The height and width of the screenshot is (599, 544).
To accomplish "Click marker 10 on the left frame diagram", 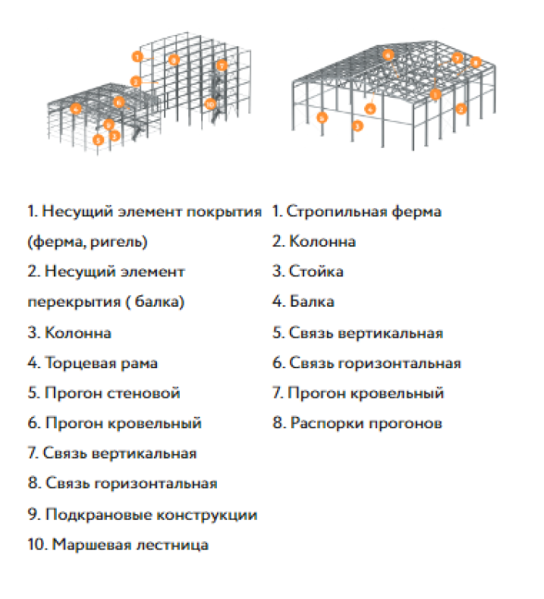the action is [210, 103].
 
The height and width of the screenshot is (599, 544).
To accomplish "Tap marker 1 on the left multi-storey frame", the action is [137, 56].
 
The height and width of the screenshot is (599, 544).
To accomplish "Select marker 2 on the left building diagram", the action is [136, 80].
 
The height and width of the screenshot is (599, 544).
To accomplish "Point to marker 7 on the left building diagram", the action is [222, 65].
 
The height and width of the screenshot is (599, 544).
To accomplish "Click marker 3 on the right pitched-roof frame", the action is [357, 126].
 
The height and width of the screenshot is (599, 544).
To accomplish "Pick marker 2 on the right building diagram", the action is [460, 109].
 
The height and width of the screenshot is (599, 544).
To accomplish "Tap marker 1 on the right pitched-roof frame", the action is [436, 94].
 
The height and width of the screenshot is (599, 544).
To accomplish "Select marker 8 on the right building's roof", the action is [476, 62].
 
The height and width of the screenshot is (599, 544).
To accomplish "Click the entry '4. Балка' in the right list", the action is [303, 302].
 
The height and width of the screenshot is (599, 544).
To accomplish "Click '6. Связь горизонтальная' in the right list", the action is [366, 363].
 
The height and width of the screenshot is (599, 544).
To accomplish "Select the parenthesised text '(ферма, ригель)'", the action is [87, 242].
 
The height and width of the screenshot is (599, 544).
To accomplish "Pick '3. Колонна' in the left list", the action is [69, 333].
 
